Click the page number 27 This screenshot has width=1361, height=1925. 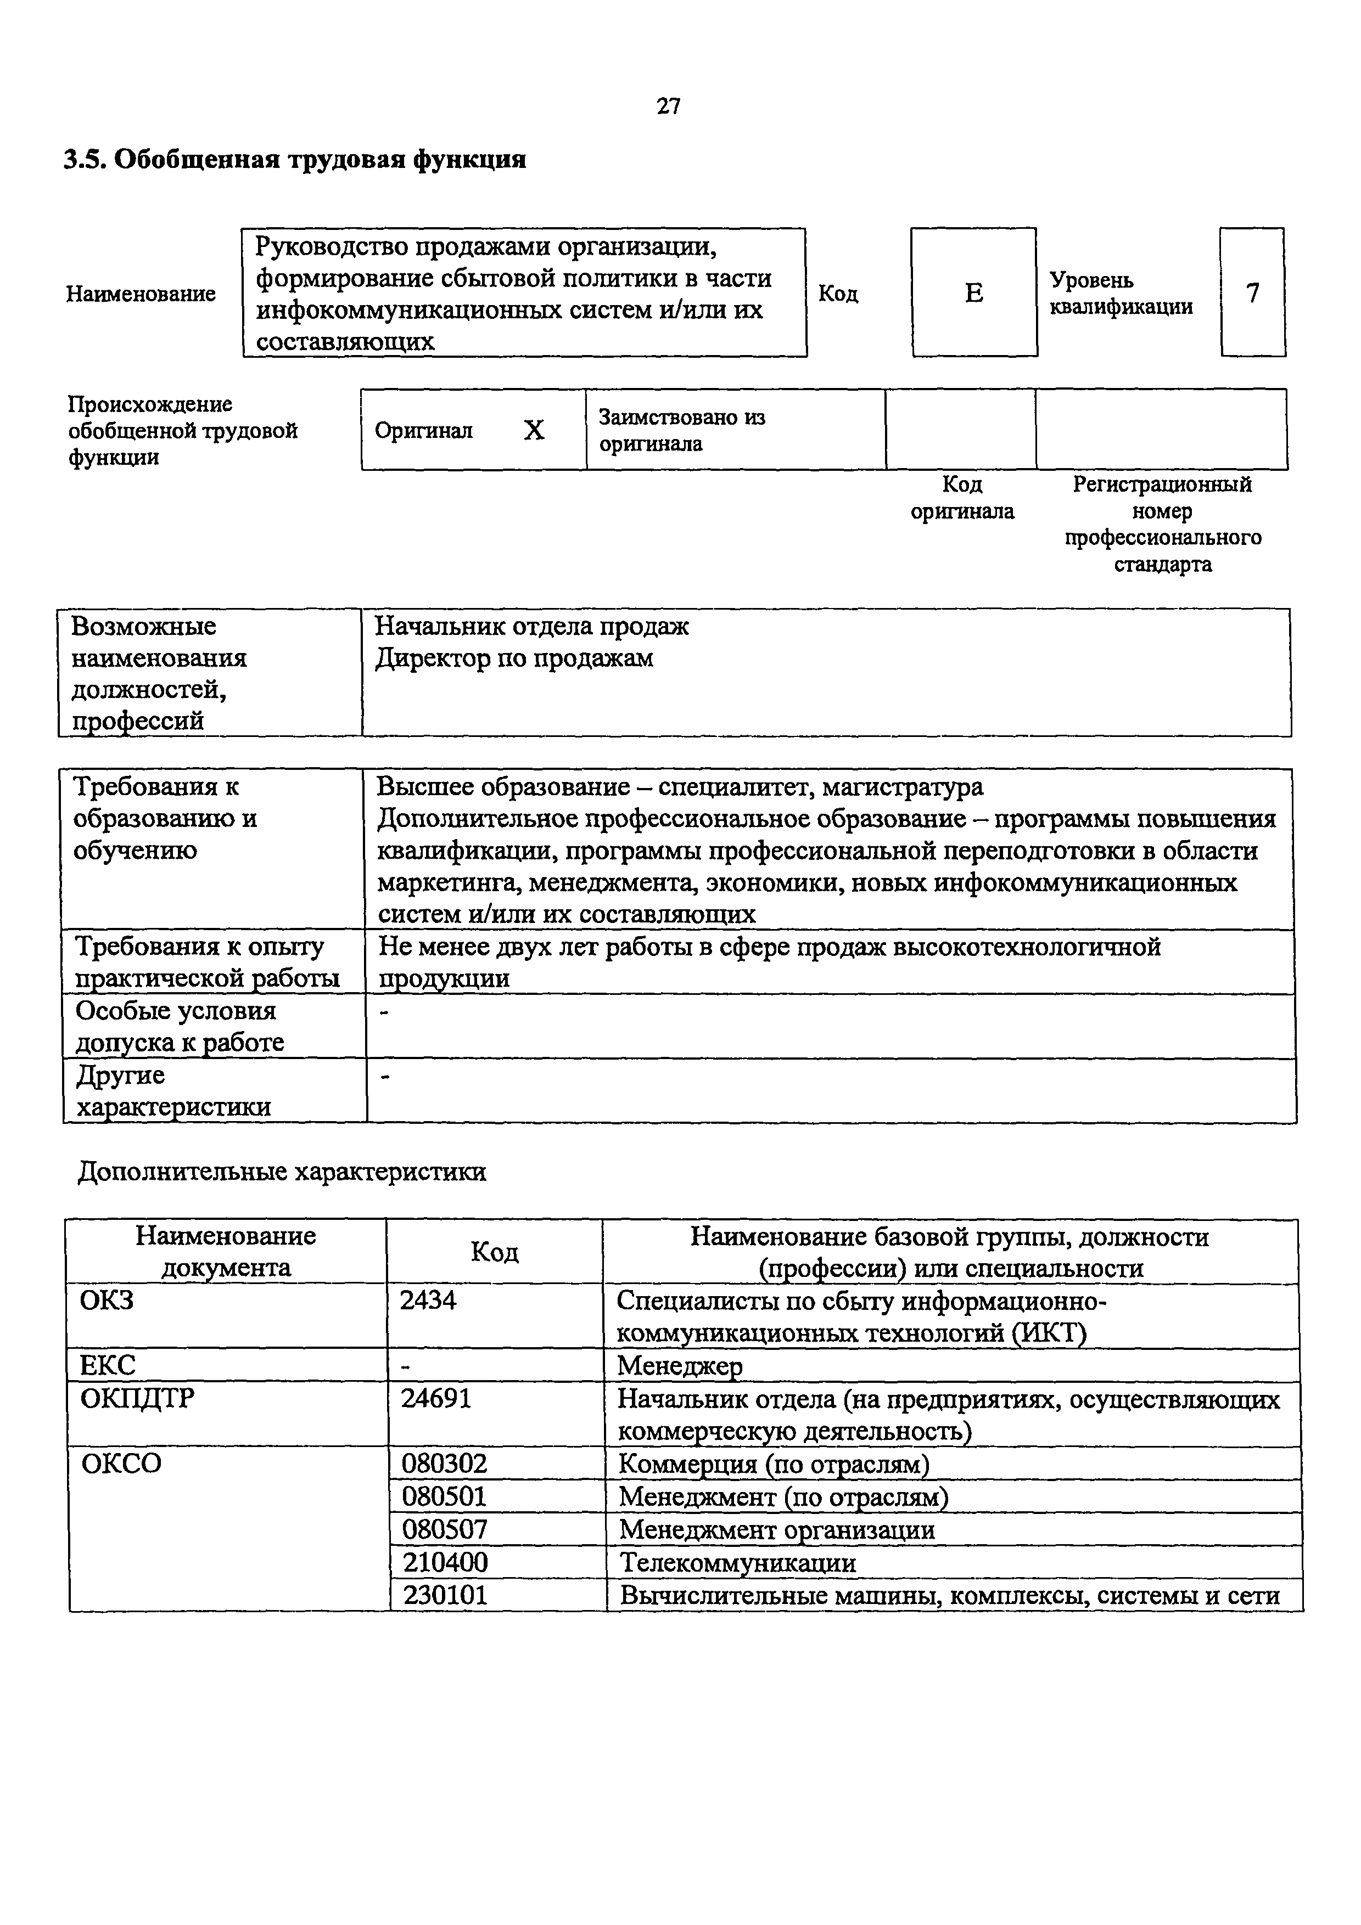(x=668, y=106)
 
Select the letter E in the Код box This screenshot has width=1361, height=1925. (x=973, y=292)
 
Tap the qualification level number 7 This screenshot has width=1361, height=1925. (x=1252, y=292)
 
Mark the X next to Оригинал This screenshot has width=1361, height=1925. (x=534, y=430)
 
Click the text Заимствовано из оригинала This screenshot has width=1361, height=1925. (x=682, y=430)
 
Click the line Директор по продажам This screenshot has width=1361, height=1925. (x=513, y=658)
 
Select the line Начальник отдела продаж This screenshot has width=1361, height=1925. (x=531, y=626)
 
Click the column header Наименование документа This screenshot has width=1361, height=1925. (x=226, y=1251)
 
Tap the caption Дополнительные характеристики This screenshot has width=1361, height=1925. (x=282, y=1171)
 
